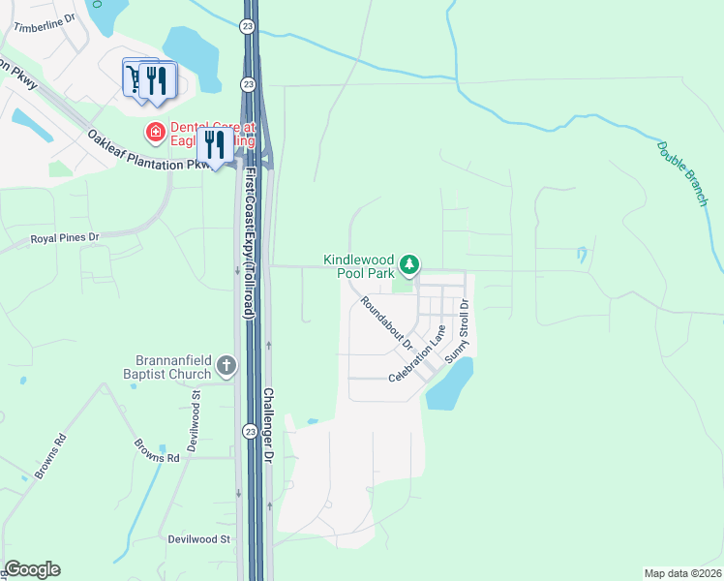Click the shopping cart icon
pos(134,76)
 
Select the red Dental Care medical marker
pos(153,130)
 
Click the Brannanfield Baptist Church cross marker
pos(226,366)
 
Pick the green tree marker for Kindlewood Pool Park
pos(409,264)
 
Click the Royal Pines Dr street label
pos(65,236)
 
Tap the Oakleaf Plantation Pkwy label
pos(149,153)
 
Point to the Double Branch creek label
pos(683,174)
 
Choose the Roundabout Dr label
pos(386,323)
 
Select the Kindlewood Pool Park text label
pos(359,267)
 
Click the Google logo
pos(32,569)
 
